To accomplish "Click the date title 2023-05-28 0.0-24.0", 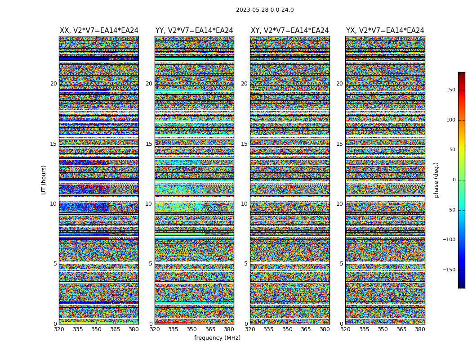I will [265, 10].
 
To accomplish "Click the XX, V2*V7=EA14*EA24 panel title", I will [99, 31].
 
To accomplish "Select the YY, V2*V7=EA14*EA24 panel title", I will [194, 31].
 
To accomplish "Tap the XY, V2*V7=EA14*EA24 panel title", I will [290, 31].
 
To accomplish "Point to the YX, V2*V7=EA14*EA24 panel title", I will [385, 31].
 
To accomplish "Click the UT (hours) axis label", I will [44, 180].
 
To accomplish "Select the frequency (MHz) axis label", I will [217, 338].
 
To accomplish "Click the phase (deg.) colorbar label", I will [436, 180].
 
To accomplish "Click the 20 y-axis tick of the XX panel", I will [53, 84].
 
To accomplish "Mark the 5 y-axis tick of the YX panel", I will [341, 264].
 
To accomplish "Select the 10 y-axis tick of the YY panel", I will [148, 204].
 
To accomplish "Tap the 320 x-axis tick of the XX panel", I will [59, 329].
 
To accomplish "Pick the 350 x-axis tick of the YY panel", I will [192, 329].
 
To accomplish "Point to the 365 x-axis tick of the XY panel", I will [306, 329].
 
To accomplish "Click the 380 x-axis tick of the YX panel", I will [420, 329].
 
